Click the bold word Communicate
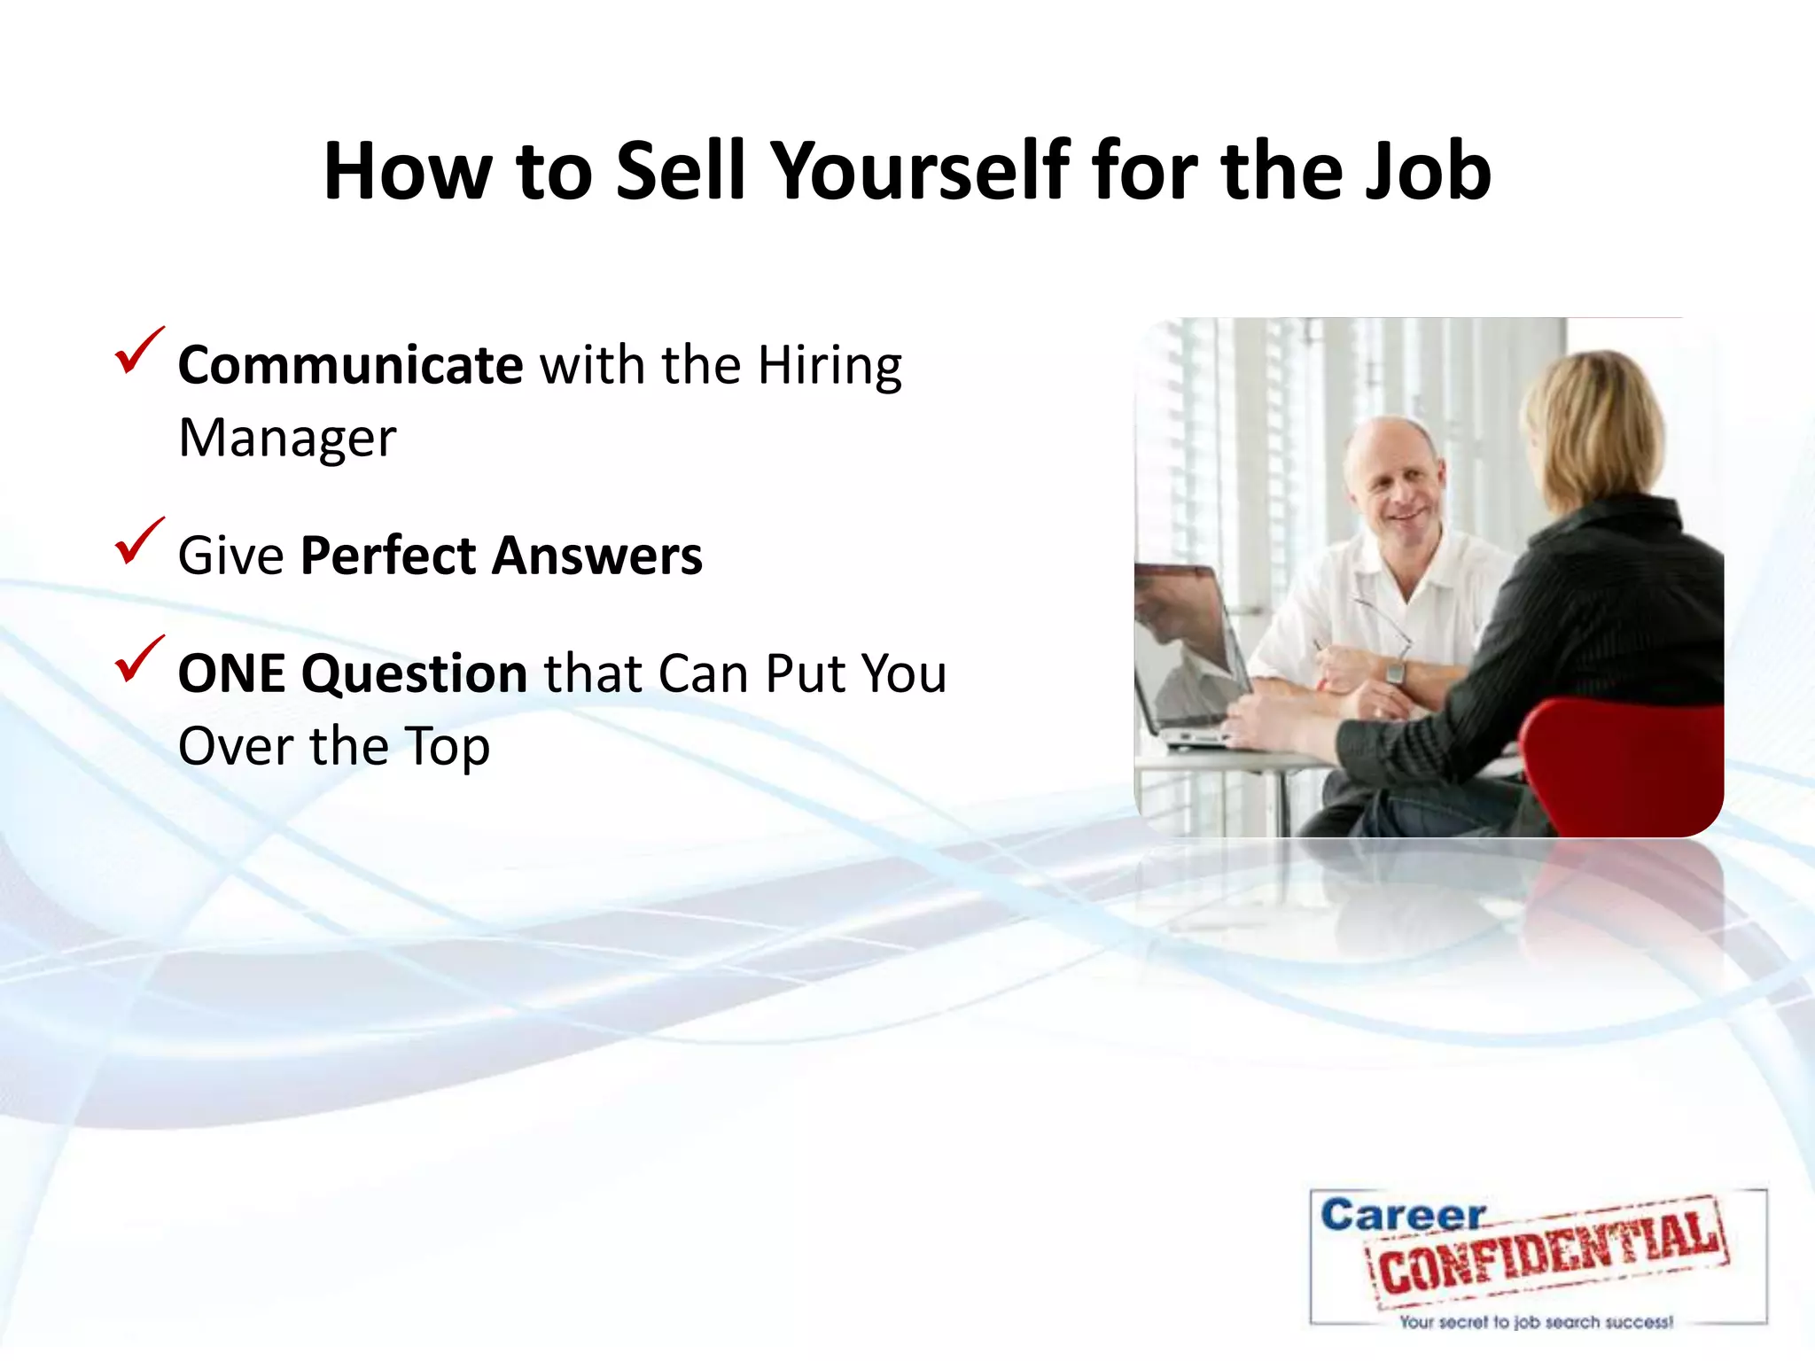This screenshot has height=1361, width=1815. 350,365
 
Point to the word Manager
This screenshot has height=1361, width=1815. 287,439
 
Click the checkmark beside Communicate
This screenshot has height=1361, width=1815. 138,351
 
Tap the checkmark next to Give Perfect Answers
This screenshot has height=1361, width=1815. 138,541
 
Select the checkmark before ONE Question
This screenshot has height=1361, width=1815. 138,659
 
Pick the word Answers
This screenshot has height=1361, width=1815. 597,556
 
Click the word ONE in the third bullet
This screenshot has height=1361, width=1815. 232,674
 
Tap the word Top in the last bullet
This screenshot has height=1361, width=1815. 447,747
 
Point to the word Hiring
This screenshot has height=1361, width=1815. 830,365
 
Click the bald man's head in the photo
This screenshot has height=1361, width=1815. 1391,470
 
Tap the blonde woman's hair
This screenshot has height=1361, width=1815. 1595,425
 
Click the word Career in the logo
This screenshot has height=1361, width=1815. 1402,1216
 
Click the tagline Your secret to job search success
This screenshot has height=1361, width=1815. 1536,1322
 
